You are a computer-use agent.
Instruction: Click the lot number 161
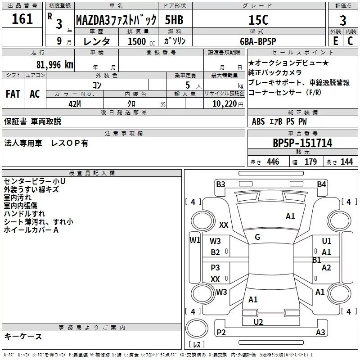click(22, 18)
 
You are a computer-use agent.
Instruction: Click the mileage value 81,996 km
click(54, 65)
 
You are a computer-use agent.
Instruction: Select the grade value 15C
click(258, 20)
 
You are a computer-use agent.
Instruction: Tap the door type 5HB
click(174, 20)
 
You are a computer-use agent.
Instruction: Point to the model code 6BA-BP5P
click(258, 41)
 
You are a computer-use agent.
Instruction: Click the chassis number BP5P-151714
click(302, 143)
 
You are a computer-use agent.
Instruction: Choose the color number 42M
click(75, 104)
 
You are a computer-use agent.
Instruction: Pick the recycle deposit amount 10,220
click(225, 104)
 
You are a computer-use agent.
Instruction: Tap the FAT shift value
click(13, 94)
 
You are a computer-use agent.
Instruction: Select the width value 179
click(310, 162)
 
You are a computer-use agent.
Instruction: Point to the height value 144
click(346, 162)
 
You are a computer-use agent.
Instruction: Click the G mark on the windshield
click(257, 237)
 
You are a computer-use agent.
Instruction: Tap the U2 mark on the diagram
click(258, 322)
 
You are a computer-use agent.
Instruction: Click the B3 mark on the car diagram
click(220, 184)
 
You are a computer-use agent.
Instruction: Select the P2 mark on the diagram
click(221, 332)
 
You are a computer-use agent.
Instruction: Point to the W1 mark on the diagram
click(195, 240)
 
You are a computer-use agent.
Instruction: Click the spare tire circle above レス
click(197, 328)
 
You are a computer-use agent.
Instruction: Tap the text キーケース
click(23, 336)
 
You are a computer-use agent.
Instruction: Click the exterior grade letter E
click(335, 41)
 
